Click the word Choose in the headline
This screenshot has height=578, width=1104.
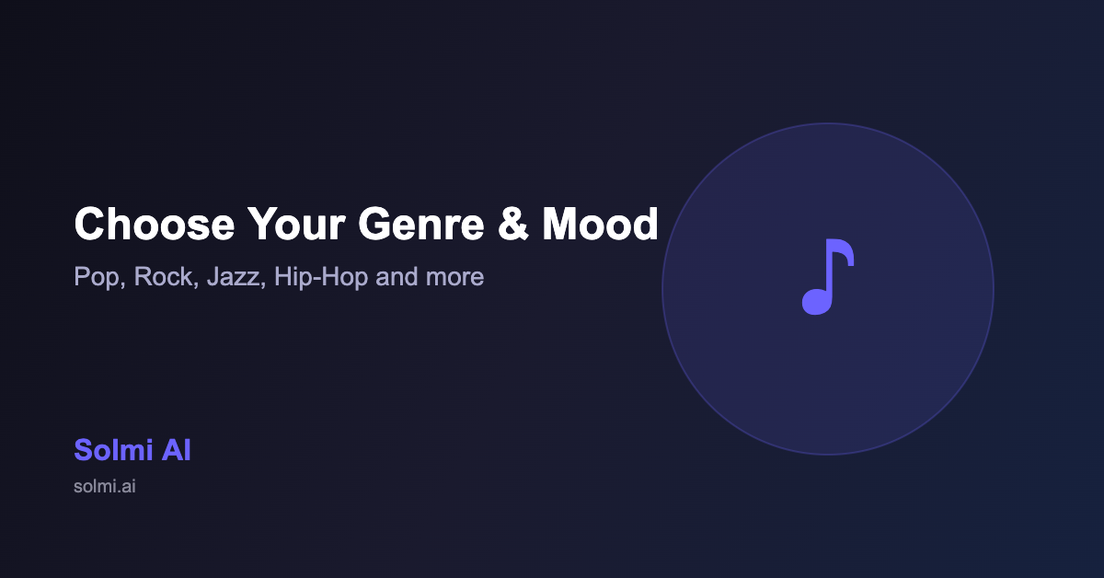coord(155,224)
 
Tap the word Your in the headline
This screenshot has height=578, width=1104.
coord(296,224)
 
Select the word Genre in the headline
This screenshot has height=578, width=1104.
coord(421,224)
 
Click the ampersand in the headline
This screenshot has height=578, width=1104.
coord(513,224)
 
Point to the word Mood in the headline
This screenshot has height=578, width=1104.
coord(600,224)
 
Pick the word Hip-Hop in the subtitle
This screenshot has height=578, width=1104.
coord(321,277)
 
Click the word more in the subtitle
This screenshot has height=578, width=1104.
coord(454,277)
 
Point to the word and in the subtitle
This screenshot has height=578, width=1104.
coord(397,276)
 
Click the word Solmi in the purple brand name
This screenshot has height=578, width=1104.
coord(113,450)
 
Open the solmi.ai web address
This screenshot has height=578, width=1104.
coord(105,486)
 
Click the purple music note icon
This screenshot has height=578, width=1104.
coord(828,277)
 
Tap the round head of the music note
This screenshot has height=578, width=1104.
coord(817,302)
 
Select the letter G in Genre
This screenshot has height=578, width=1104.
coord(375,224)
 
